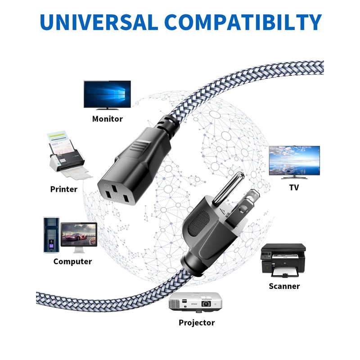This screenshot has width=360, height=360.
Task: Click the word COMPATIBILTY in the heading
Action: [238, 23]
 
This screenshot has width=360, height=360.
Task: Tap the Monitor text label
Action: [108, 119]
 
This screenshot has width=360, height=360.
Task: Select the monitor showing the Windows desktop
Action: [107, 95]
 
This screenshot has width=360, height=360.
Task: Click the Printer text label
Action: [64, 189]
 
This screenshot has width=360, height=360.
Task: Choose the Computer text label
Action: [72, 261]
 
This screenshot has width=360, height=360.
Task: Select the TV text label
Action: [294, 187]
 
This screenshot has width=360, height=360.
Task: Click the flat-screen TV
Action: [294, 161]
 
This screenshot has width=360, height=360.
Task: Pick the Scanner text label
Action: [284, 286]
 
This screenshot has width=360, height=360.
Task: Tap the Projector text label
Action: [197, 323]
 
